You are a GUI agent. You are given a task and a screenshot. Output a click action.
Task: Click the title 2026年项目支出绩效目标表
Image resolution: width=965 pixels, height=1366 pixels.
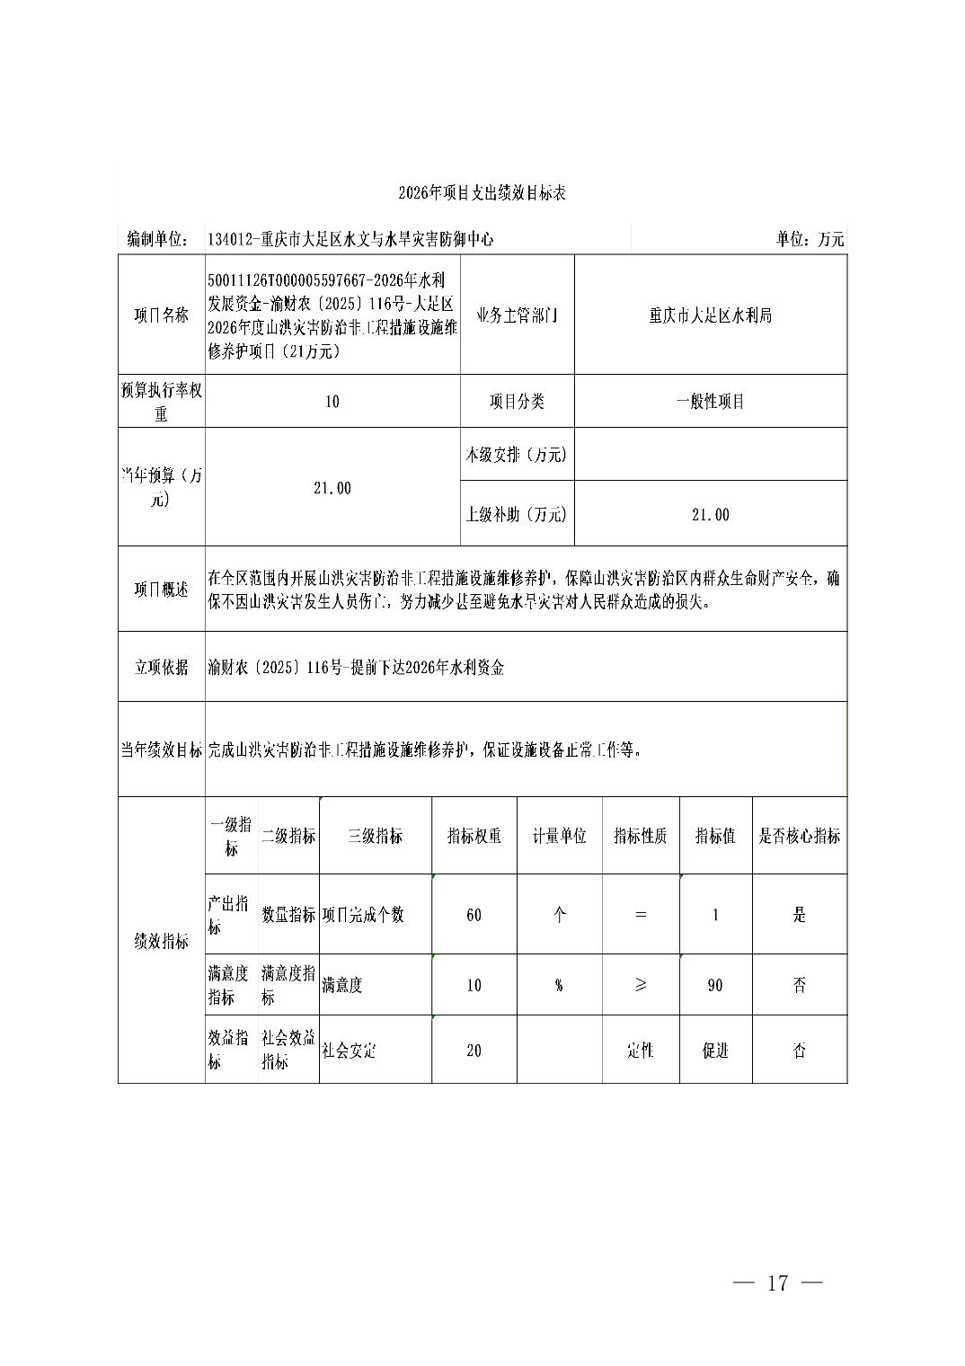tap(482, 193)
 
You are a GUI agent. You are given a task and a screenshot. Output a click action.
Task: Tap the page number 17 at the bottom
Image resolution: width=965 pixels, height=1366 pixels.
tap(777, 1282)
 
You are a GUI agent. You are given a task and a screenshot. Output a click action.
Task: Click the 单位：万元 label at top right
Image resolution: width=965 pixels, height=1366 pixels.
tap(810, 240)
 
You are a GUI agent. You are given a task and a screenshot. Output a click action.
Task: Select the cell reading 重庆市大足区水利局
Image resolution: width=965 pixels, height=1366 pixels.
tap(710, 315)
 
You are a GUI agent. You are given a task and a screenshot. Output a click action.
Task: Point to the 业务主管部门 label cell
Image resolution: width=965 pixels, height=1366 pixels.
tap(517, 315)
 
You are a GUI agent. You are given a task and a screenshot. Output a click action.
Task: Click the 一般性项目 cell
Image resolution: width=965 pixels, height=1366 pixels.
tap(710, 402)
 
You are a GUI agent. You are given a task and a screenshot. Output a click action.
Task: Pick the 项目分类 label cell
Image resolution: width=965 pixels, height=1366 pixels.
tap(517, 402)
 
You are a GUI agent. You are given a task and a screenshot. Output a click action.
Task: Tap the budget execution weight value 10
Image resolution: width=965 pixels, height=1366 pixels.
tap(332, 402)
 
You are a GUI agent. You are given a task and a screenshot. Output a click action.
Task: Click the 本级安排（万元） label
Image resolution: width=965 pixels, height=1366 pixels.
tap(517, 455)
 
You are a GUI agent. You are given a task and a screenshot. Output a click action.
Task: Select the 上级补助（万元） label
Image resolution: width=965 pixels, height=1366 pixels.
tap(517, 515)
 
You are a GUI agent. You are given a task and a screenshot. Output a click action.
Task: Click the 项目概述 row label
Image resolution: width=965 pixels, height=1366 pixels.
tap(162, 590)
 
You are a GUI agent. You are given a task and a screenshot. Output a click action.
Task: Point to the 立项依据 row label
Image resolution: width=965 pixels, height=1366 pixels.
tap(162, 667)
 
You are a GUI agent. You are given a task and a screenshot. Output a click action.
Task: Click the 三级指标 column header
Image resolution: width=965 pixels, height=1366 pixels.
tap(375, 836)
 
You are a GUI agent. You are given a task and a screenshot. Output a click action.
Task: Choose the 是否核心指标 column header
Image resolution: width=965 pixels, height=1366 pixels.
tap(799, 836)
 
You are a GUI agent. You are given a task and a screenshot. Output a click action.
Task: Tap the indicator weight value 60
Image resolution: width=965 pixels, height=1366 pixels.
tap(474, 915)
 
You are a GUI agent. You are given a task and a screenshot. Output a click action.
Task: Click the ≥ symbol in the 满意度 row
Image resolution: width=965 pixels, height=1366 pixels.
tap(640, 985)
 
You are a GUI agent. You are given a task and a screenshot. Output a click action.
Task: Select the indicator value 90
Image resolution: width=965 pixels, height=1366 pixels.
tap(715, 985)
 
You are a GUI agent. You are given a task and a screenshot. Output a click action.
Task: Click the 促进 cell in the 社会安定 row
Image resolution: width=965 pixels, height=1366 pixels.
tap(715, 1051)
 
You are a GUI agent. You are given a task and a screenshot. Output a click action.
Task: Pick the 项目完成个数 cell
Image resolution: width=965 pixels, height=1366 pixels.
tap(363, 915)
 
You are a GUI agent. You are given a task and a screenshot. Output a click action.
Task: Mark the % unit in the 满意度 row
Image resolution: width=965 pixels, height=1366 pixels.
tap(559, 985)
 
